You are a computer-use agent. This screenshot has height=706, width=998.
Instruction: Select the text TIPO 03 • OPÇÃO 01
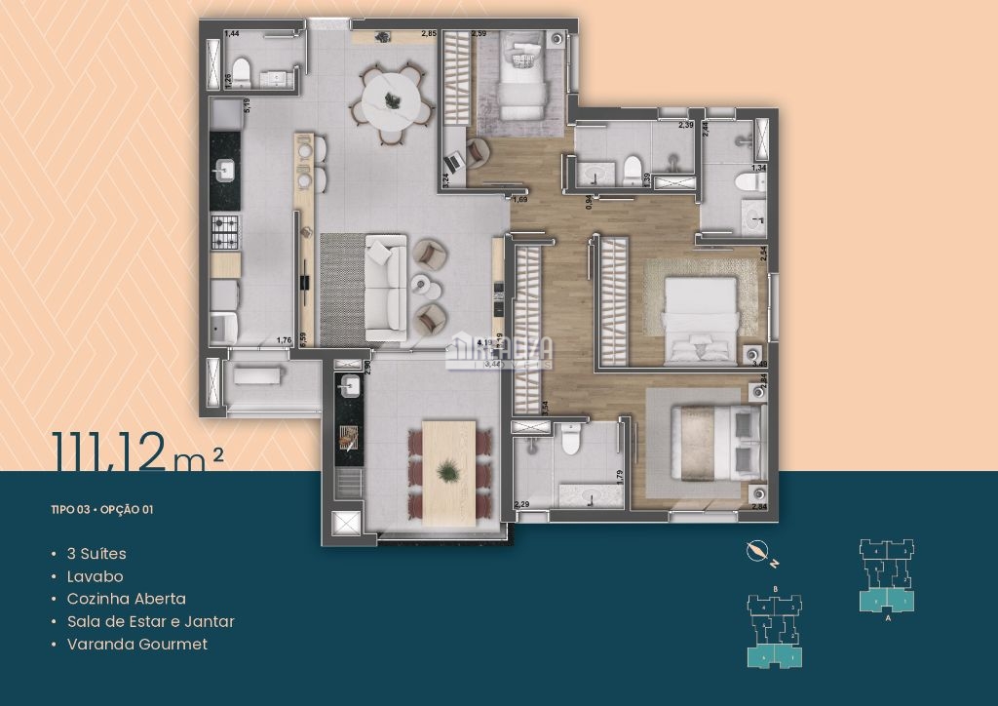[102, 509]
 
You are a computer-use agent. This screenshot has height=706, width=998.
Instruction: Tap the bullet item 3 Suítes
[96, 554]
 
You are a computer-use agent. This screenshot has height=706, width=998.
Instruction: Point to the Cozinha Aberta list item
[126, 599]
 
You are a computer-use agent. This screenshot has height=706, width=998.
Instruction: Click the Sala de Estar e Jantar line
[150, 621]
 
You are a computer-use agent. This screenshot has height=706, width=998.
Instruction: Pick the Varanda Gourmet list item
[136, 644]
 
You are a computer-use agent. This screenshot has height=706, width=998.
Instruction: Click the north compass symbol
[756, 552]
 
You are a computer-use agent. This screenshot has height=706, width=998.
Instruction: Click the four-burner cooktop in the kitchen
[225, 232]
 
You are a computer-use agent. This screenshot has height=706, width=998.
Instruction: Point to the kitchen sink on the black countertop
[224, 173]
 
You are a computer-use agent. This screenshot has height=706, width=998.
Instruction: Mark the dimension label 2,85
[428, 34]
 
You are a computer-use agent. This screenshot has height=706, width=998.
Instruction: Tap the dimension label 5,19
[248, 105]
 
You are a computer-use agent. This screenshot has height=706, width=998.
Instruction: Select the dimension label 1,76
[285, 339]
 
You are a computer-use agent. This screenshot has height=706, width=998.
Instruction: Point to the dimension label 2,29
[523, 504]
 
